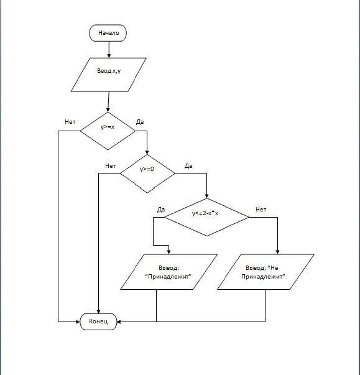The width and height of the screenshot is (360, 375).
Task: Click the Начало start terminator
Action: click(108, 33)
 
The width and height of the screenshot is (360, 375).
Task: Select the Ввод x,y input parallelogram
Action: click(109, 75)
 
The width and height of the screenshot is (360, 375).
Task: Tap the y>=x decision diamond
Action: click(108, 131)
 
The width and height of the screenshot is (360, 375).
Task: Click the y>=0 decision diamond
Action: click(147, 174)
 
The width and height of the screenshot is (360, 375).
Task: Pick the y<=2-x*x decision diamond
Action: click(207, 217)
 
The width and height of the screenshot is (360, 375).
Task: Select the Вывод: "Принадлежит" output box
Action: click(168, 272)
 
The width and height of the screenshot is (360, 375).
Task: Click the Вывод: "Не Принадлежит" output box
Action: click(265, 272)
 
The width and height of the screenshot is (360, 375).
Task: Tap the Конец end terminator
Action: click(98, 322)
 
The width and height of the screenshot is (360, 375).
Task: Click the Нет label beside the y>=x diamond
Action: click(70, 122)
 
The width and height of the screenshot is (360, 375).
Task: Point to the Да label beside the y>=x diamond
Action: click(140, 122)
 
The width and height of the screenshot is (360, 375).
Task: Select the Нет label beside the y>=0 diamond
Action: click(111, 166)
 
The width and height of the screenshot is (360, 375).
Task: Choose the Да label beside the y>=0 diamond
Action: click(188, 166)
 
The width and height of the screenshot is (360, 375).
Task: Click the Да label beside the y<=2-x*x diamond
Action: click(161, 210)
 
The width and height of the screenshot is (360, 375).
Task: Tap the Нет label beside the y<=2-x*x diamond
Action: click(261, 210)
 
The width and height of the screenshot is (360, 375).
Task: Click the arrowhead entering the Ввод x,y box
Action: click(109, 56)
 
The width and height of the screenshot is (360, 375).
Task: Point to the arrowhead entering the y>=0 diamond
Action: click(147, 152)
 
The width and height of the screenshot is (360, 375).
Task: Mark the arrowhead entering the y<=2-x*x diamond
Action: click(207, 196)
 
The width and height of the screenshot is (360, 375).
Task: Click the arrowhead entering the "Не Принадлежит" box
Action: click(277, 252)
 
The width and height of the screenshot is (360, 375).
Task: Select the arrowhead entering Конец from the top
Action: click(98, 312)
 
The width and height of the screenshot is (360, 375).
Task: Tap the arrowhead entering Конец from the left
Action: click(78, 322)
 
